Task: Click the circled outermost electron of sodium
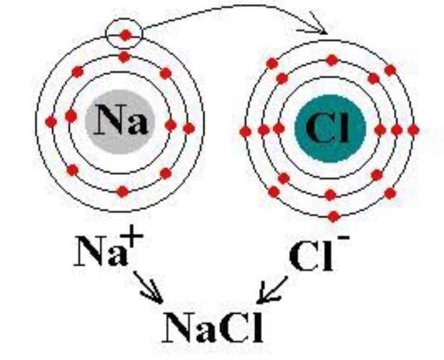126,35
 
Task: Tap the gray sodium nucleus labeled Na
121,122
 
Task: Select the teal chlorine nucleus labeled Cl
330,129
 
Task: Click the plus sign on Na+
132,234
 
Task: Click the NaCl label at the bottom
212,327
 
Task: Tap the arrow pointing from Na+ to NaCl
149,288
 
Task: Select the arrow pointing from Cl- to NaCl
273,290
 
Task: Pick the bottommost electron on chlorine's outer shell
334,217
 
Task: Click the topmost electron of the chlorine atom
332,60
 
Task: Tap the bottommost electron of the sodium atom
123,192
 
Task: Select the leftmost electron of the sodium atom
51,122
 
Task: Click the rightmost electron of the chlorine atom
413,130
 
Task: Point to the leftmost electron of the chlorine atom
245,131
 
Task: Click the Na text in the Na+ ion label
100,251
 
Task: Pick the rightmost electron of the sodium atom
189,129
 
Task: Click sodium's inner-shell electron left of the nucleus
71,116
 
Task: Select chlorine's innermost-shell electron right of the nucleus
380,130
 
